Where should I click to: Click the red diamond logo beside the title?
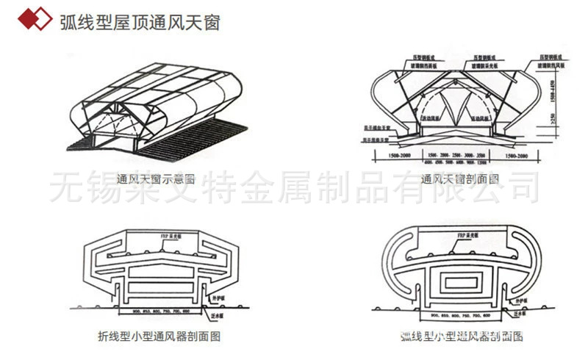click(x=32, y=20)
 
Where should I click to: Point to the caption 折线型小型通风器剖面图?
click(x=159, y=336)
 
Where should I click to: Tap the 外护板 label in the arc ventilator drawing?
click(x=520, y=301)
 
